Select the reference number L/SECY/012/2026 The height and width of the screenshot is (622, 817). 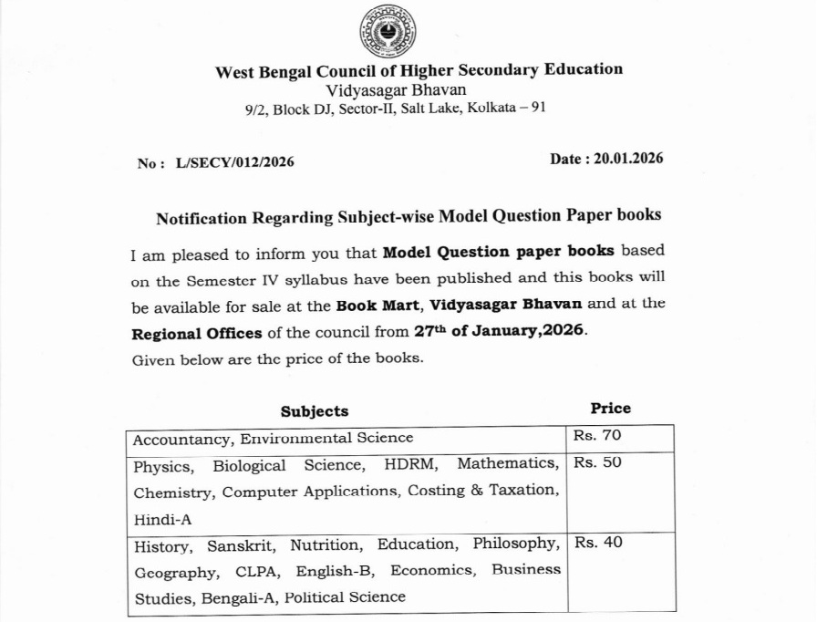[229, 162]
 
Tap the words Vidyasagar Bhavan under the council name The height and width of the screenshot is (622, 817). [396, 89]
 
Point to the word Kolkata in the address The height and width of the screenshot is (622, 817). [491, 108]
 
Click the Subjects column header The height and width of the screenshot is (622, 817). [315, 411]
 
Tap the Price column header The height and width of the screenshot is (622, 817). [610, 409]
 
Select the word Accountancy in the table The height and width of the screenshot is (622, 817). [181, 440]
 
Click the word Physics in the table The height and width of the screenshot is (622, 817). [163, 466]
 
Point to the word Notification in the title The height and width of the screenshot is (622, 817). [202, 218]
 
